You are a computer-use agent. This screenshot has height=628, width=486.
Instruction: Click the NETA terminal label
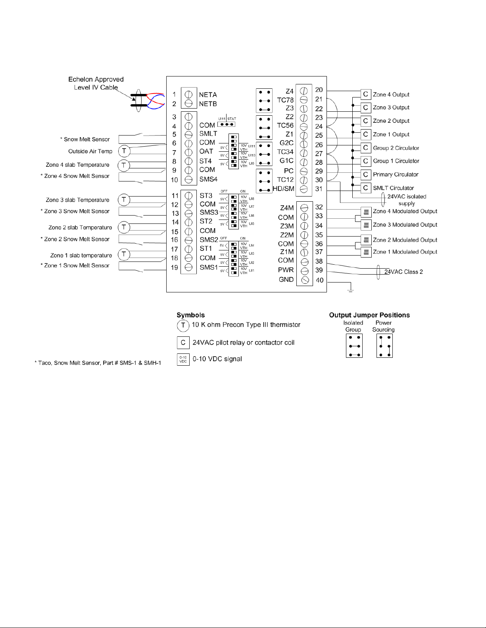208,95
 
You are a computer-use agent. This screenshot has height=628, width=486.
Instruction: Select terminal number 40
319,280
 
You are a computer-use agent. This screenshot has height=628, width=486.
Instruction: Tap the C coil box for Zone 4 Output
365,94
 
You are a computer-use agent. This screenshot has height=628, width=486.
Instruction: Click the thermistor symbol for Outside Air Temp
124,151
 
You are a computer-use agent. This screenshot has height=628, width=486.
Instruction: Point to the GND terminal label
286,279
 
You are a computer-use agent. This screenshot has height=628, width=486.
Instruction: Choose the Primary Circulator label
396,174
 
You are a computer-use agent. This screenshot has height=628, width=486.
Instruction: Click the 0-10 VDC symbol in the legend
183,359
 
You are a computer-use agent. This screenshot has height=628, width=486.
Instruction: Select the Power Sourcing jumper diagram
384,346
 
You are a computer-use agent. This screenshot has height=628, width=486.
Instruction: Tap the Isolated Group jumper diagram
354,346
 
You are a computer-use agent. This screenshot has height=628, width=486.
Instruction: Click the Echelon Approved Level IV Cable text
96,83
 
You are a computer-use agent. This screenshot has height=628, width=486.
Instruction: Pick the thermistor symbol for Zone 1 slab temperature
124,254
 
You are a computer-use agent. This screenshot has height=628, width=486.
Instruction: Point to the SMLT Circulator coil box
365,188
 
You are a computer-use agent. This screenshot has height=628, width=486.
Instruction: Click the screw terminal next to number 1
189,95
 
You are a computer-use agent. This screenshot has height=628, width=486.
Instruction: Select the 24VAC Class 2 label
403,272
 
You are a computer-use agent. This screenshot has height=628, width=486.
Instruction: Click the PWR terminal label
286,270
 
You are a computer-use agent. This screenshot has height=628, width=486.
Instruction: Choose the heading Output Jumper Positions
369,315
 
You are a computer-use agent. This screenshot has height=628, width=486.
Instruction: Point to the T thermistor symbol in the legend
183,326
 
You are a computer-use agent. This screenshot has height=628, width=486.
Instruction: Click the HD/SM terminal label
283,189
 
